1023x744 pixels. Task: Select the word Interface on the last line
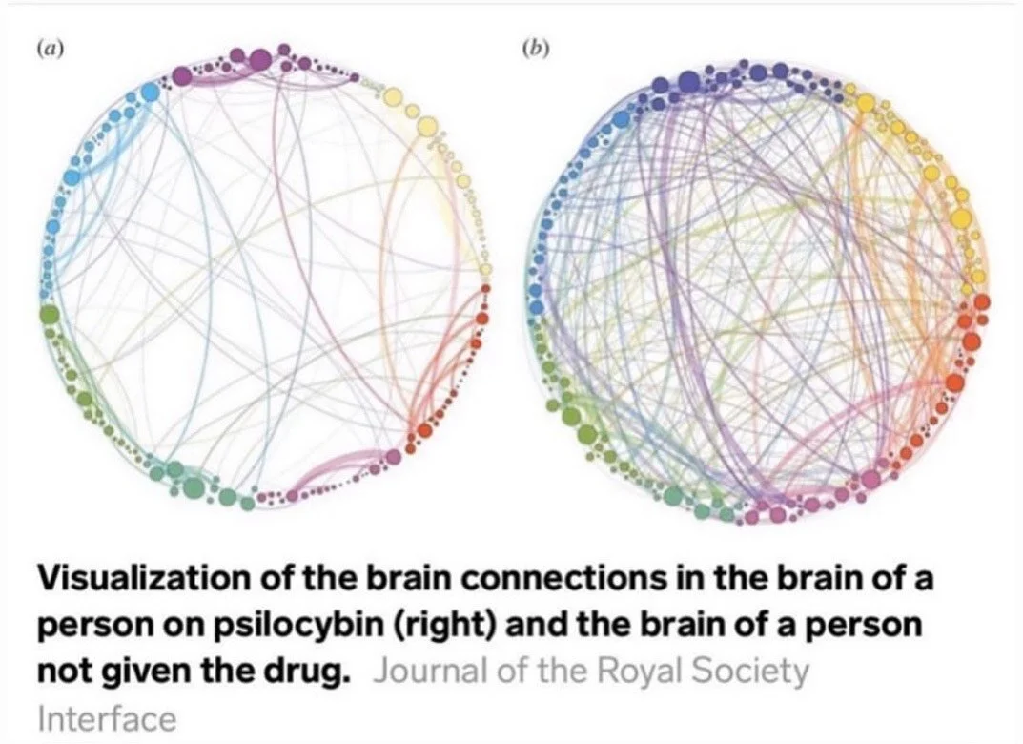107,717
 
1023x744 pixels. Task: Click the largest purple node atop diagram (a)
260,60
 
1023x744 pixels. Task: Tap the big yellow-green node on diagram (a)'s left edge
50,314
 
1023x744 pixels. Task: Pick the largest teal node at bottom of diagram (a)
194,487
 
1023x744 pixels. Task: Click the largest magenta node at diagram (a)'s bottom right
393,458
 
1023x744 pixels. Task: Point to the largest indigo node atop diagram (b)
688,84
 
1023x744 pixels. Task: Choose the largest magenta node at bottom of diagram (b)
870,480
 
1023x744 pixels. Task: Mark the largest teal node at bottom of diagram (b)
673,496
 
